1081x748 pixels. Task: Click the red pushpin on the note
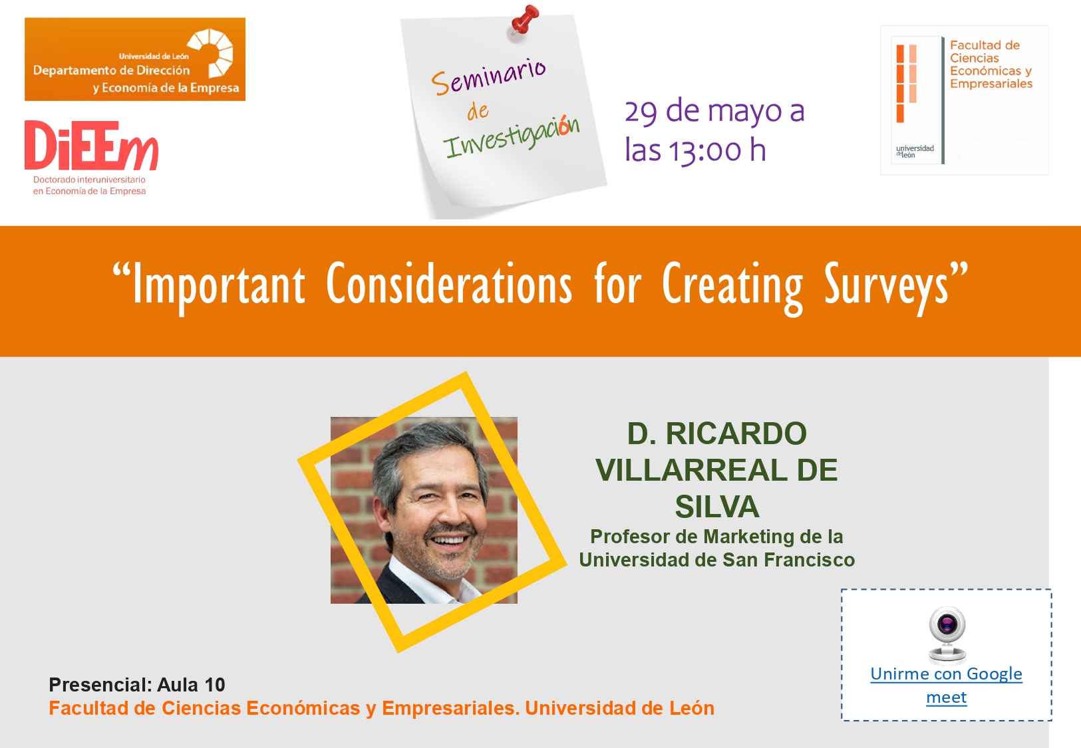[524, 20]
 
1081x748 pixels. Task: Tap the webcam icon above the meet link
[947, 636]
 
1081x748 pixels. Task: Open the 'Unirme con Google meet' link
[946, 686]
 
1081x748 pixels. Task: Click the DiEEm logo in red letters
[91, 145]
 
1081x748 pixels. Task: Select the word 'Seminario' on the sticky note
[488, 76]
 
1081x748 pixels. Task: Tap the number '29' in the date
[641, 112]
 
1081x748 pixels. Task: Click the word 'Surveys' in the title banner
[886, 287]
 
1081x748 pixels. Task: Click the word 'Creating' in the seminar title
[732, 287]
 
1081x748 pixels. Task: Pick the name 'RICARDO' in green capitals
[736, 433]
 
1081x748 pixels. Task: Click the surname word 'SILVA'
[717, 507]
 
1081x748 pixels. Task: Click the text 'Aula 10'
[191, 685]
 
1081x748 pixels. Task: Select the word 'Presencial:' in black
[100, 685]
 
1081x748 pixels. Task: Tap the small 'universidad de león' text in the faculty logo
[915, 151]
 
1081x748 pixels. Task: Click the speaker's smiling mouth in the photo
[449, 539]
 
